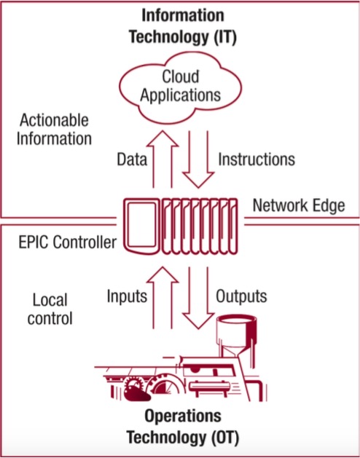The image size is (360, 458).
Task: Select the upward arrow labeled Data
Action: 163,159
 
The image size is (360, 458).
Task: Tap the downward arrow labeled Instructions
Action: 198,159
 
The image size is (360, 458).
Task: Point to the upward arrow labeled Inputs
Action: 163,297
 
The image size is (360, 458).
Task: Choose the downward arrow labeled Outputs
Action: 198,298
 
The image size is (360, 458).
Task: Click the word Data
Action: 132,159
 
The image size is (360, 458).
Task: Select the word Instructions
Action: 257,159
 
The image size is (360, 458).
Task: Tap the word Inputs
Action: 127,296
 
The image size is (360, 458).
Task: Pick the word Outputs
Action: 241,296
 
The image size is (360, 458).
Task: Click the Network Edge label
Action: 299,205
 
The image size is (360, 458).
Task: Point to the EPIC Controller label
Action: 67,242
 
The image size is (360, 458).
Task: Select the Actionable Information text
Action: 54,130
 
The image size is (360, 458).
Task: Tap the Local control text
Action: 50,309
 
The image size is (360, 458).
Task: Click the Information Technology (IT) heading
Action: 183,26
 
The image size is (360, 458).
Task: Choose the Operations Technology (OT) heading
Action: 183,427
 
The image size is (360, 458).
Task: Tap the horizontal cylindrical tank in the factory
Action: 210,386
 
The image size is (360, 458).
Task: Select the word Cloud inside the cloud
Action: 181,76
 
